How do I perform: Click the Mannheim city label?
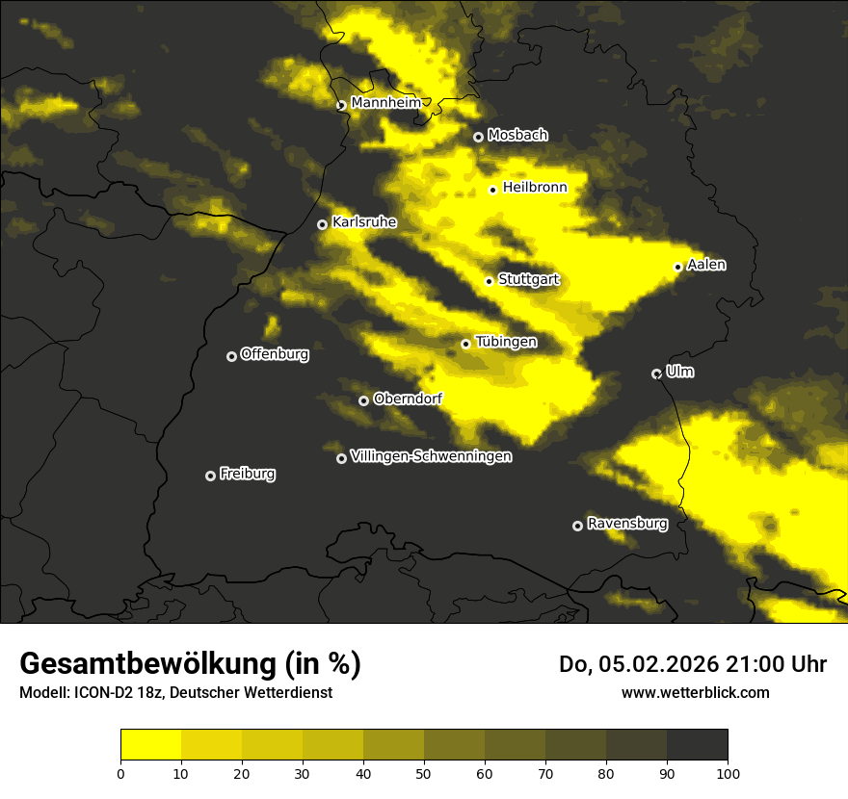pyautogui.click(x=386, y=103)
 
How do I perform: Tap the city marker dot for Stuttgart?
pyautogui.click(x=490, y=281)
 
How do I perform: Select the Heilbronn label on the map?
pyautogui.click(x=535, y=188)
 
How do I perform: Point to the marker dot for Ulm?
pyautogui.click(x=657, y=374)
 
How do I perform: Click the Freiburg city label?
pyautogui.click(x=247, y=474)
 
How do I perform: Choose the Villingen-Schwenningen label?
pyautogui.click(x=431, y=456)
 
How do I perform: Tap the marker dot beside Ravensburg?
pyautogui.click(x=578, y=526)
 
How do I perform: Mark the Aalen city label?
pyautogui.click(x=706, y=265)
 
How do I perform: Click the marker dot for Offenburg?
pyautogui.click(x=231, y=356)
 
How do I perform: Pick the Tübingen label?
pyautogui.click(x=506, y=342)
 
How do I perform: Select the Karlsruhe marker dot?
pyautogui.click(x=323, y=224)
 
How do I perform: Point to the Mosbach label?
pyautogui.click(x=517, y=136)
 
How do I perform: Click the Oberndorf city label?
pyautogui.click(x=408, y=399)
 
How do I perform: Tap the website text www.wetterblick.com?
pyautogui.click(x=695, y=692)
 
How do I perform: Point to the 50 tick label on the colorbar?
pyautogui.click(x=424, y=772)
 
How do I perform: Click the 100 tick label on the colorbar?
pyautogui.click(x=728, y=772)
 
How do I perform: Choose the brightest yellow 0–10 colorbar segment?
pyautogui.click(x=151, y=745)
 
